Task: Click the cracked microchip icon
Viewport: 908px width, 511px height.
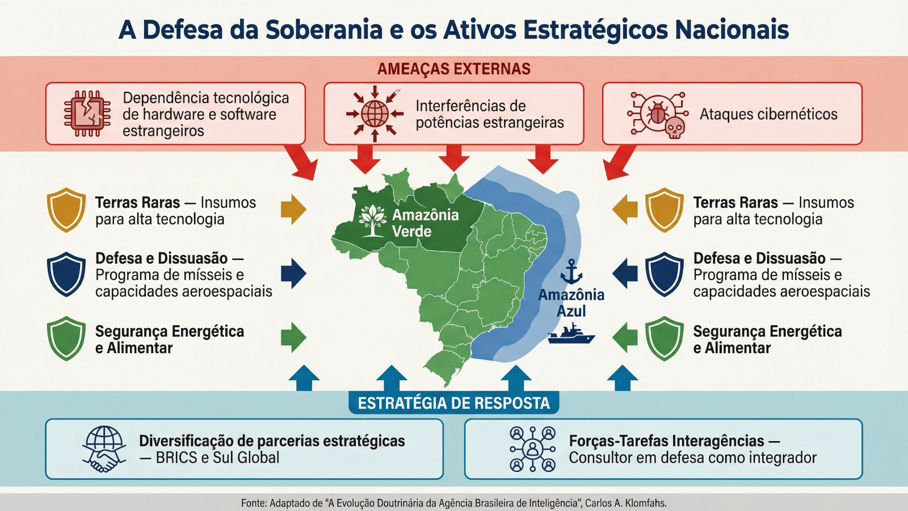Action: pyautogui.click(x=87, y=114)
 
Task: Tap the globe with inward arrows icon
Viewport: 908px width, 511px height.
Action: pyautogui.click(x=375, y=114)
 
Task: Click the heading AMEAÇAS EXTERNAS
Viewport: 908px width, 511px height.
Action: pyautogui.click(x=454, y=69)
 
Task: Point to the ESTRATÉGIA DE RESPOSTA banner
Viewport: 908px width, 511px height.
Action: pyautogui.click(x=454, y=403)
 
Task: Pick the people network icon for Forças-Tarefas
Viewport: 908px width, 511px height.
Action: pyautogui.click(x=532, y=449)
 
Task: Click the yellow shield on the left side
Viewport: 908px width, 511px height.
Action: pyautogui.click(x=66, y=210)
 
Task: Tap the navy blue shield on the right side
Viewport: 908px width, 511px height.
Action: pyautogui.click(x=665, y=275)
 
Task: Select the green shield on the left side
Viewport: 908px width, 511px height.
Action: pyautogui.click(x=66, y=338)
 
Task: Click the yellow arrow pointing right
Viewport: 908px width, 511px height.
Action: pyautogui.click(x=293, y=210)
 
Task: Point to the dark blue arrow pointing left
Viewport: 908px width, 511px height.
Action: pyautogui.click(x=625, y=274)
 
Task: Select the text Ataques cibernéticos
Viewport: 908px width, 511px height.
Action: pyautogui.click(x=768, y=114)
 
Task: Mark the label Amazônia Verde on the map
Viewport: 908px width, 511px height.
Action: pyautogui.click(x=425, y=223)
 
